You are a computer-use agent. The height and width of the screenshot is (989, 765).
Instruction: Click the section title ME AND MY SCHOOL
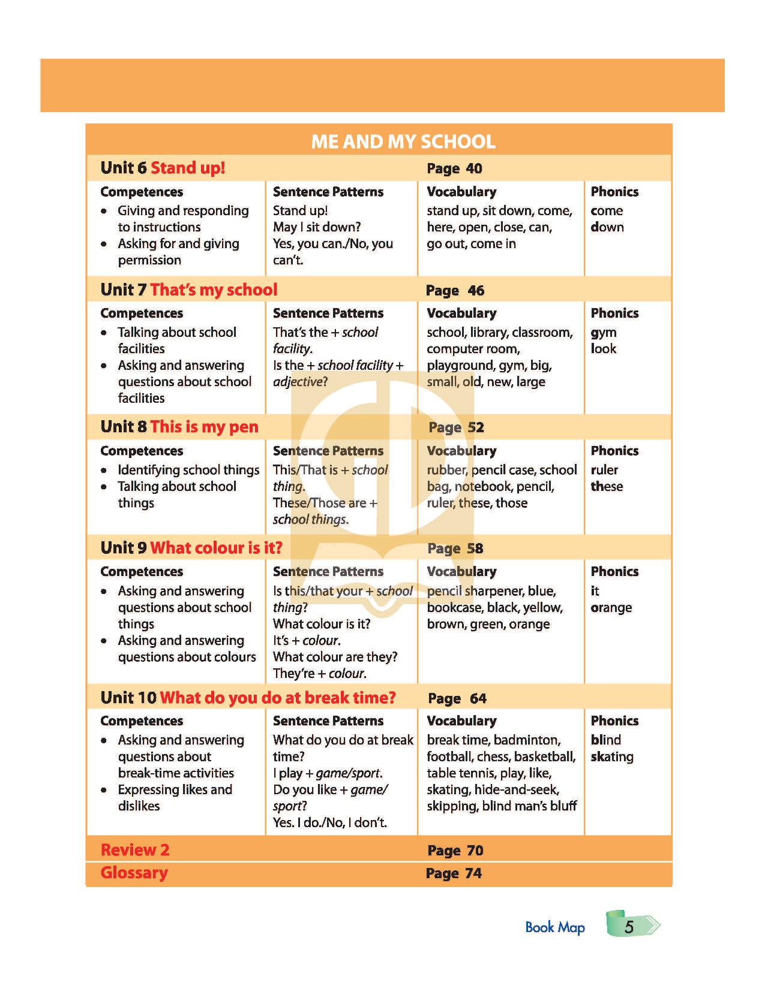click(403, 141)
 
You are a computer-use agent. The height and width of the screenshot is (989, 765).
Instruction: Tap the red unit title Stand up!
click(188, 168)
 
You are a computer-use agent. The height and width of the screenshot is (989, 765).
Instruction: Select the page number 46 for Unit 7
click(476, 291)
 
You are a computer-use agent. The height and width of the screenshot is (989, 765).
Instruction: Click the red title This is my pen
click(204, 427)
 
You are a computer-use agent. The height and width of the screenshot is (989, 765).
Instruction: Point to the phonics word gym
click(604, 333)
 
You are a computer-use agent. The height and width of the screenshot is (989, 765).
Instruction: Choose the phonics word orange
click(611, 608)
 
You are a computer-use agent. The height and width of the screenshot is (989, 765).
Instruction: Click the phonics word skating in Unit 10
click(612, 756)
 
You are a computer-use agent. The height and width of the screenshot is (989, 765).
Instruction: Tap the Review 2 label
click(135, 850)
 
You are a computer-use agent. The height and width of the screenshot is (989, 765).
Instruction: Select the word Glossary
click(134, 873)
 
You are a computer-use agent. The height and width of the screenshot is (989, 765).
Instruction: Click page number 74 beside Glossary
click(473, 873)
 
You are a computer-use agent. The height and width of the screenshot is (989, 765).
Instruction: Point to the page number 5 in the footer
click(629, 927)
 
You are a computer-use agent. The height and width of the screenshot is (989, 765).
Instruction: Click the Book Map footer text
click(554, 927)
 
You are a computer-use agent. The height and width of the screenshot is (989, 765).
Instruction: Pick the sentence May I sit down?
click(317, 227)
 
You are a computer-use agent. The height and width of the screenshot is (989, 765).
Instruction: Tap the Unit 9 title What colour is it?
click(216, 548)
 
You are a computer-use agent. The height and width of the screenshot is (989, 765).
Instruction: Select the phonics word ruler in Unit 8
click(604, 470)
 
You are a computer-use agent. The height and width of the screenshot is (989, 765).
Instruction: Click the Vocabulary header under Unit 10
click(461, 720)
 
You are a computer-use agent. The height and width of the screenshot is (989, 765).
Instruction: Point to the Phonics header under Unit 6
click(614, 192)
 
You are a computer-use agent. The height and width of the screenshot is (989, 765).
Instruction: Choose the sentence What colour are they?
click(335, 657)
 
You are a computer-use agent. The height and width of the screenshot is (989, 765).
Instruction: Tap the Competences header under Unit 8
click(142, 451)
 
